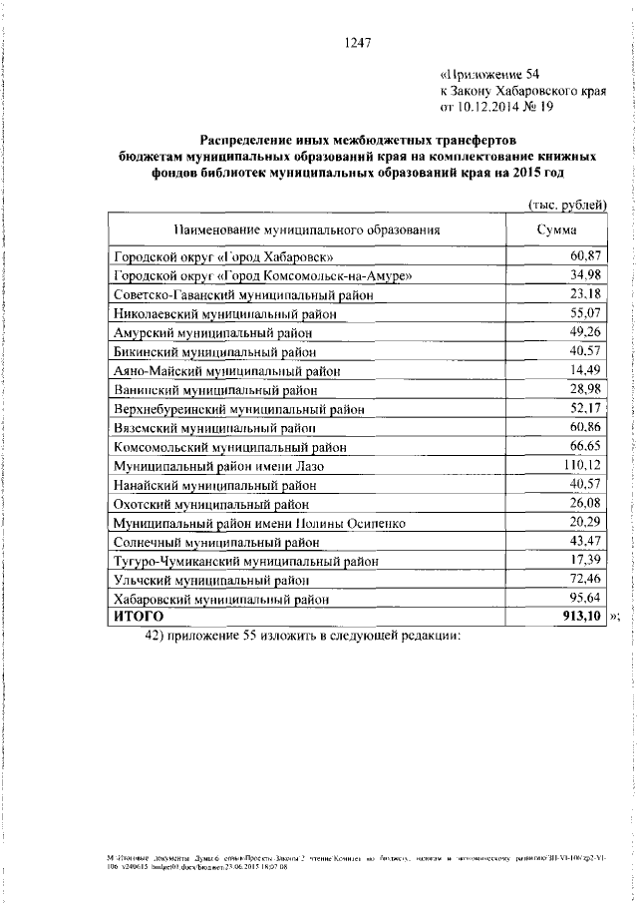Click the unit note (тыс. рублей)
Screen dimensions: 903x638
(x=567, y=205)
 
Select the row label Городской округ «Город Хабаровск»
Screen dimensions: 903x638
(x=223, y=257)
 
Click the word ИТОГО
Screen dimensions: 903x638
(x=137, y=617)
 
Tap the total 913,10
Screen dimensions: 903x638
(x=582, y=617)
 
